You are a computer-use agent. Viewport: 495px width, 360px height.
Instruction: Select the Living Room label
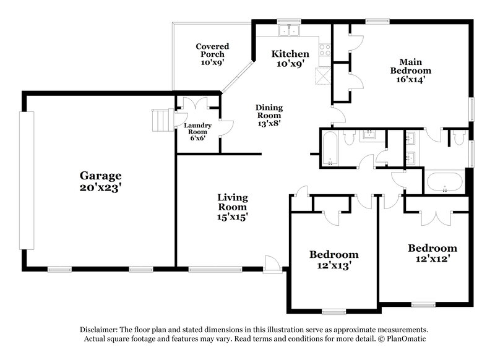click(233, 202)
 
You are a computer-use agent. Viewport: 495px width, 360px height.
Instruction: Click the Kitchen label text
click(290, 54)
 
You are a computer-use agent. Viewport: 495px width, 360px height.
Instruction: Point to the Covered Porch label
click(212, 50)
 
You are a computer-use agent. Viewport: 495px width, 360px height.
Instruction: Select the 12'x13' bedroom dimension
click(334, 267)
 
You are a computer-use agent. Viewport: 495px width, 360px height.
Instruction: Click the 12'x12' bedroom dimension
click(433, 260)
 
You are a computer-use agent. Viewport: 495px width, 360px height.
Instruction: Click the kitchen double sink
click(289, 31)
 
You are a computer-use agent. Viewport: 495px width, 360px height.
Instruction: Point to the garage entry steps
click(161, 119)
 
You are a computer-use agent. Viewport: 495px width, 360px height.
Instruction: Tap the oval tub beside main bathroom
click(444, 182)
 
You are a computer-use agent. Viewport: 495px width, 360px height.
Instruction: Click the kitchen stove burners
click(324, 49)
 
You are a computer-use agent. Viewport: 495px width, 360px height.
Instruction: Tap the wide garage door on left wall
click(25, 181)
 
